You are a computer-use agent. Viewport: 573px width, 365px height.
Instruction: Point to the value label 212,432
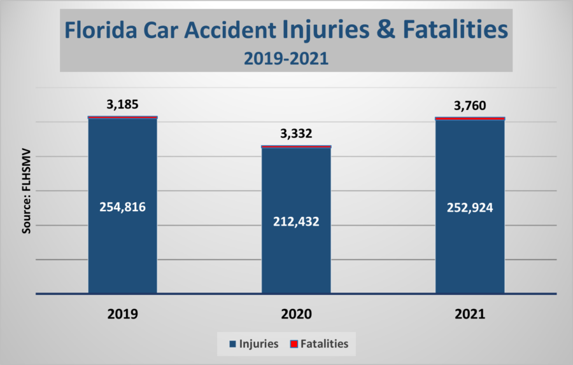296,222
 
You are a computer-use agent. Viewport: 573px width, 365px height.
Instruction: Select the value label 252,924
470,207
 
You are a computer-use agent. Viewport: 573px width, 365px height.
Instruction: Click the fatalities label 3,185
122,105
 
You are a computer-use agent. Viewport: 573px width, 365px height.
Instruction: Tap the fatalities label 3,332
296,134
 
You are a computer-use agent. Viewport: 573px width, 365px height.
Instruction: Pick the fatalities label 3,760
470,105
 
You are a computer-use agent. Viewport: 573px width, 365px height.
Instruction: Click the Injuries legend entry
254,344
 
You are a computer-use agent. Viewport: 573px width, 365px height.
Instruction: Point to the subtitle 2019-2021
286,59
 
